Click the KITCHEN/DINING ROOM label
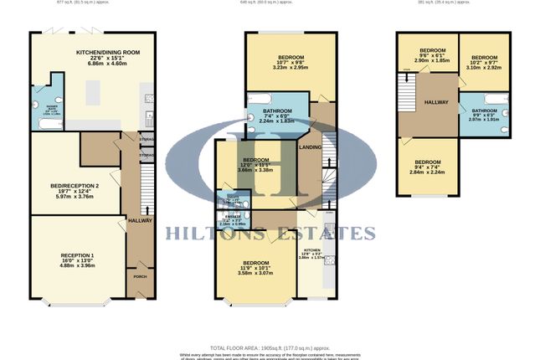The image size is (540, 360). [x=106, y=52]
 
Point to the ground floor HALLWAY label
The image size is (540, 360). [x=139, y=220]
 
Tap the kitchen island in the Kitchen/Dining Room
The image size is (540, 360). [x=105, y=89]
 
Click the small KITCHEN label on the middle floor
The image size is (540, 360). [x=312, y=250]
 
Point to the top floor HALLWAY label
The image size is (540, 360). [x=437, y=102]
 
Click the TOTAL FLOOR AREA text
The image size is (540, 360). [x=269, y=346]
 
